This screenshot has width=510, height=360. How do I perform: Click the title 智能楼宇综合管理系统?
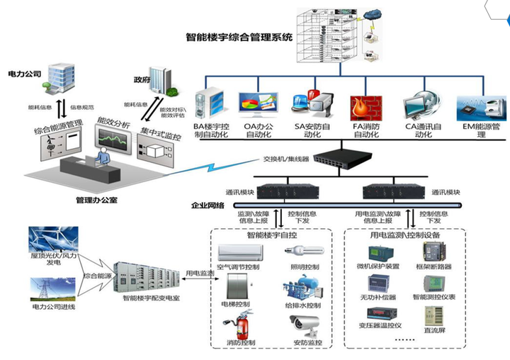pos(239,38)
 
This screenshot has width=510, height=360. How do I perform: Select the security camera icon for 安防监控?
pos(305,325)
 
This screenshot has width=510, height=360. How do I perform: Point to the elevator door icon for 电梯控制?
pos(239,288)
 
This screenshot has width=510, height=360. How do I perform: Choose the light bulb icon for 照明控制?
pos(304,251)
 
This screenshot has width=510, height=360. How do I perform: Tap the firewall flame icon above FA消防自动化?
pos(367,105)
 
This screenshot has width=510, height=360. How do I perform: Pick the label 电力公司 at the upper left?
pos(25,73)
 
